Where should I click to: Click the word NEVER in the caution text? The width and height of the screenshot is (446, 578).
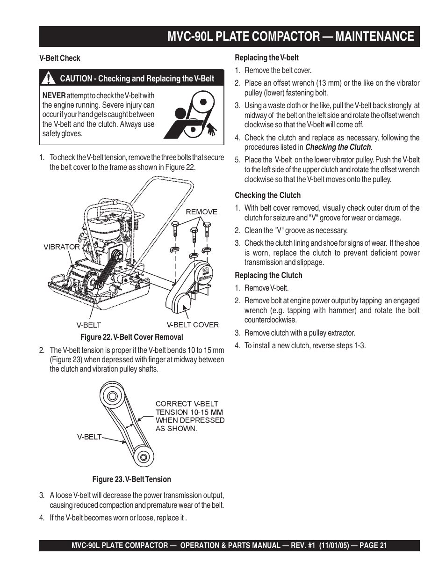[54, 95]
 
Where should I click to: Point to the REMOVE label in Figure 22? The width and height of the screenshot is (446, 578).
[201, 212]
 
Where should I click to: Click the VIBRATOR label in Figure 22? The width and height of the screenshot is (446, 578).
[62, 247]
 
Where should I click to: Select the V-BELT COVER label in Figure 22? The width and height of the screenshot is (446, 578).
[193, 324]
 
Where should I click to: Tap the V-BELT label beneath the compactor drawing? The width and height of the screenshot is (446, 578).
[89, 325]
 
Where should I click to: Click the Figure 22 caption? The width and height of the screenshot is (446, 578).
[132, 337]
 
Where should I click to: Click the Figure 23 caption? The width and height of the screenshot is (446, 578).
[131, 479]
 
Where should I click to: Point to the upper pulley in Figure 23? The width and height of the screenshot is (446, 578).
[112, 395]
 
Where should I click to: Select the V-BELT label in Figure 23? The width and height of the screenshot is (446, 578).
[89, 437]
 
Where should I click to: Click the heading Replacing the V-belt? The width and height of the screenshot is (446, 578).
[266, 58]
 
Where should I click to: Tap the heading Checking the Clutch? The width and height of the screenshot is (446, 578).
[267, 195]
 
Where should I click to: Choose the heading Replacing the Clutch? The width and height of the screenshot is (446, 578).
[268, 275]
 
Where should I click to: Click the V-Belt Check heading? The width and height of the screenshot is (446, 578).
[60, 59]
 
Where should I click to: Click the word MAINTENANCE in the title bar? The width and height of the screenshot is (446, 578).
[367, 37]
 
